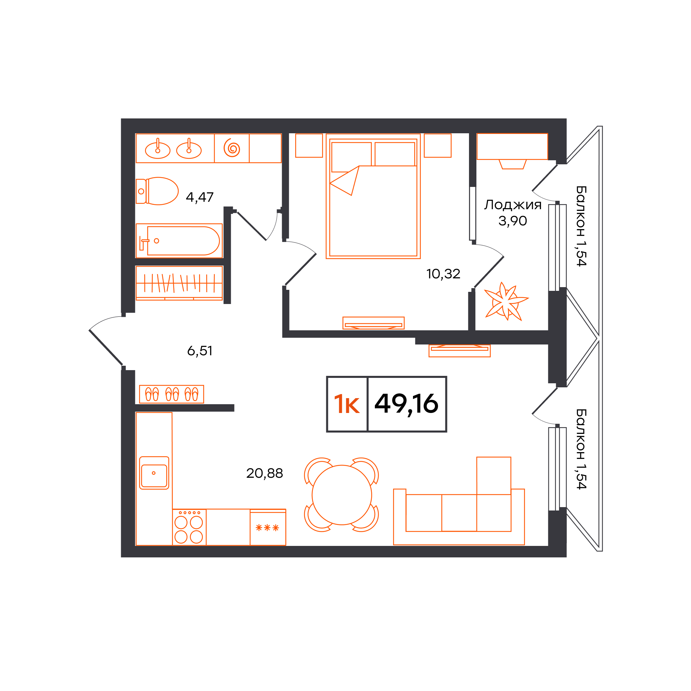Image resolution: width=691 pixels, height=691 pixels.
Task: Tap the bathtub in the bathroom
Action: pos(179,241)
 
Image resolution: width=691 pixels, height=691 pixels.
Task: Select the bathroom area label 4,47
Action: pos(200,197)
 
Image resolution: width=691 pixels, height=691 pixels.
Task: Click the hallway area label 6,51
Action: pos(200,351)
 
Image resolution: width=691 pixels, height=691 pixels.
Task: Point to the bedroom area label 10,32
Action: pos(443,274)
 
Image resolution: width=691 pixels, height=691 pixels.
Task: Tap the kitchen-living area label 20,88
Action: pos(265,473)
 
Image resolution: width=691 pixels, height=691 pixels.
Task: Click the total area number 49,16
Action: pos(406,404)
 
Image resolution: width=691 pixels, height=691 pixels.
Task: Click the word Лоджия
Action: pos(513,205)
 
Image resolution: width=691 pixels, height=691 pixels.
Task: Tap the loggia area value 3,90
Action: pos(513,221)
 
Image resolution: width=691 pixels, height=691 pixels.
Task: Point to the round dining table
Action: pos(341,495)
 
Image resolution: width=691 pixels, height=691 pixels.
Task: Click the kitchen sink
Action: pos(154,473)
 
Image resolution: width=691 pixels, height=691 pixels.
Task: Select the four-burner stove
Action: pos(189,527)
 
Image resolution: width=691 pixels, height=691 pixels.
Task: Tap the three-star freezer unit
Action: pos(268,527)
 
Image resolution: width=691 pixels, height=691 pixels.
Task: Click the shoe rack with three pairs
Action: pos(172,394)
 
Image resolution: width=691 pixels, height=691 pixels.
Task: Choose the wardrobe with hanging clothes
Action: pos(179,283)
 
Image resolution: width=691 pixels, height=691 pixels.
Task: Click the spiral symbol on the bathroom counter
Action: pos(232,148)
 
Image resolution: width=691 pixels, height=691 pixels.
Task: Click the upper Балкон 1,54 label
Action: pos(581,226)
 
